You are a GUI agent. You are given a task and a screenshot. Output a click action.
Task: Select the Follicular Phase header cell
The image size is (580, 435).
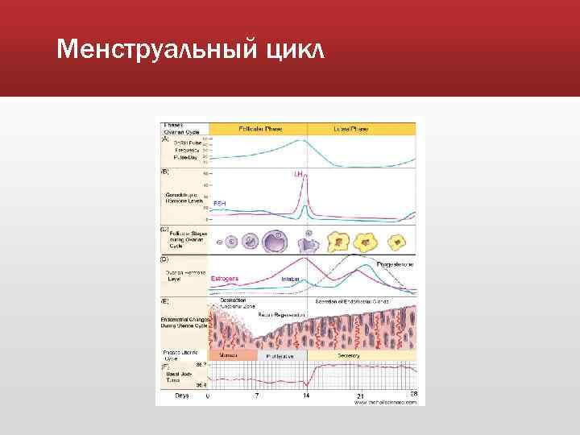259,129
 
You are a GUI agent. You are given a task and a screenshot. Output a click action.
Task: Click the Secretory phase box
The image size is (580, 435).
362,354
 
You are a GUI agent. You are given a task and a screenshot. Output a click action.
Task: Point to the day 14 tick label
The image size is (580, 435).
306,396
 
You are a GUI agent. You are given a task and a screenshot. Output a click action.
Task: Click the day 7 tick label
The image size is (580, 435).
257,396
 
